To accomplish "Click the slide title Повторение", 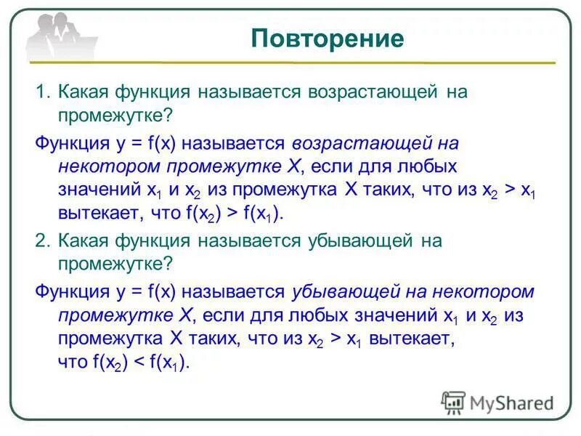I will coord(328,39).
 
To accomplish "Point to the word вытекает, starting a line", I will coord(92,214).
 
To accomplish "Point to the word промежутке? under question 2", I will coord(114,265).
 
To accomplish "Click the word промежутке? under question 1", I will coord(114,117).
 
